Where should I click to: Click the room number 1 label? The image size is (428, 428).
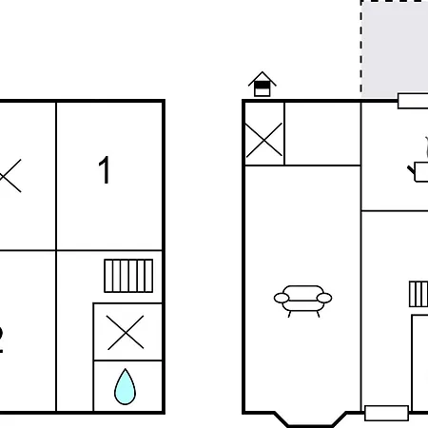pos(105,171)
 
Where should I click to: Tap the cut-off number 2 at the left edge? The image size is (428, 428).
pos(3,340)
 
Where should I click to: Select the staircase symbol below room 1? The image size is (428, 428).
pos(128,275)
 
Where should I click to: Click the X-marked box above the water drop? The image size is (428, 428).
pos(126,332)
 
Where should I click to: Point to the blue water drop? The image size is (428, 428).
pos(126,387)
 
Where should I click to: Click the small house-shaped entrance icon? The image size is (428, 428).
pos(263,85)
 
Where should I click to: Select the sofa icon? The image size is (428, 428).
pos(302,299)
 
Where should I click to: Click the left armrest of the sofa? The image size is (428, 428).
pos(282,299)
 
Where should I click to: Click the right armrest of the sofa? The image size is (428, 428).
pos(323,299)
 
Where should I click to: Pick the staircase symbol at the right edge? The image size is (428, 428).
pos(418,294)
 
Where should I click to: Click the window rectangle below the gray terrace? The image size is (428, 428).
pos(412,101)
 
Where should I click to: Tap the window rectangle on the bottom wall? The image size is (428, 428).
pos(386,413)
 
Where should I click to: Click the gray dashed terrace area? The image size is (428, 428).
pos(395,48)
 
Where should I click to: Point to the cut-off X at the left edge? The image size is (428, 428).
pos(9,177)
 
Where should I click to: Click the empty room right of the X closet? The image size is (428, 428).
pos(322,133)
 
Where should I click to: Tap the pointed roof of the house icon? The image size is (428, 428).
pos(263,77)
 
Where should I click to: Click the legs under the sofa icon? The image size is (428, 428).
pos(302,311)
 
